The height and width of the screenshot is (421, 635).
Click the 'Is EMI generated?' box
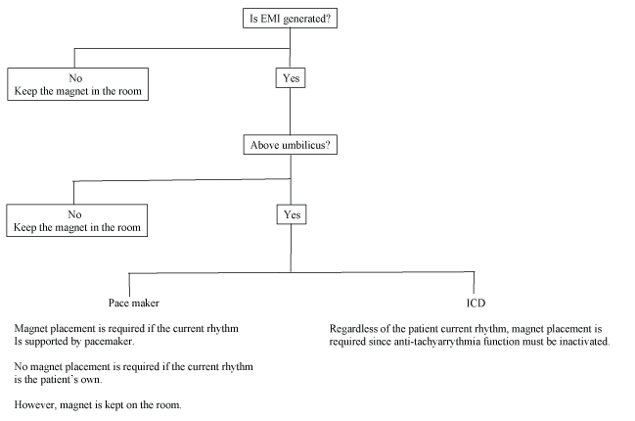290,18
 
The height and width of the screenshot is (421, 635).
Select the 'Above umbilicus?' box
290,146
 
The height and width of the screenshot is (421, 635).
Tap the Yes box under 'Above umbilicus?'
290,213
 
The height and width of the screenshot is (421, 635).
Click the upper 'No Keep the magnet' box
79,84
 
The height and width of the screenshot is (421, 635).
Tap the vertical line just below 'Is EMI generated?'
290,36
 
